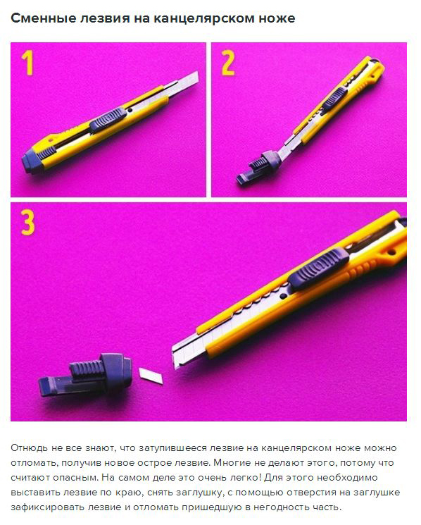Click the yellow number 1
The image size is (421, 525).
[x=27, y=63]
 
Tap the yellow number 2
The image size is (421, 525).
[x=228, y=63]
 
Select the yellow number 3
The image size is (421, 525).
[x=27, y=223]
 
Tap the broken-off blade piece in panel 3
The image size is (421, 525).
[x=151, y=375]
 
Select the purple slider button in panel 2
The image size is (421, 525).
[x=334, y=101]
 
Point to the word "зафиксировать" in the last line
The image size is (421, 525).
[x=47, y=507]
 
